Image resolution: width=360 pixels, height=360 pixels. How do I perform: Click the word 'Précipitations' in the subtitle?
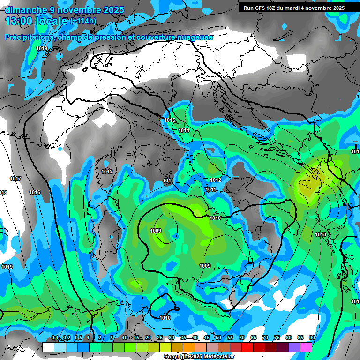pyautogui.click(x=28, y=37)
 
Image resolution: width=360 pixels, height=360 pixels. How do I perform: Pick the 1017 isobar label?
pyautogui.click(x=15, y=179)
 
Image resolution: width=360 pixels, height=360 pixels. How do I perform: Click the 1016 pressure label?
pyautogui.click(x=35, y=192)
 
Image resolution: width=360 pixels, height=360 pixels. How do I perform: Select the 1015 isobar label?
pyautogui.click(x=170, y=120)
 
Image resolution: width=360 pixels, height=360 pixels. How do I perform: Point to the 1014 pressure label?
pyautogui.click(x=184, y=130)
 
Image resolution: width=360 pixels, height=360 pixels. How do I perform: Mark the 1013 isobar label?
pyautogui.click(x=321, y=234)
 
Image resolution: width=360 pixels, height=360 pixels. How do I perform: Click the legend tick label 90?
pyautogui.click(x=312, y=337)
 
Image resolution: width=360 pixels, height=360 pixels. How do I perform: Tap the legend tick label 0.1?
pyautogui.click(x=55, y=337)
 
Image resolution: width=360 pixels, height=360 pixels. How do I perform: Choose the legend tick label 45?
pyautogui.click(x=207, y=337)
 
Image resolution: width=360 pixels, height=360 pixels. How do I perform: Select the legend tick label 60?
pyautogui.click(x=242, y=337)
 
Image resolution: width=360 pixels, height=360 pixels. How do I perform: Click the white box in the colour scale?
pyautogui.click(x=48, y=347)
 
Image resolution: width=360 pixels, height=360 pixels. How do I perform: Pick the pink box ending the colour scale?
pyautogui.click(x=306, y=347)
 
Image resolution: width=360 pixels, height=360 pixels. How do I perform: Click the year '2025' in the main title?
pyautogui.click(x=111, y=10)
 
